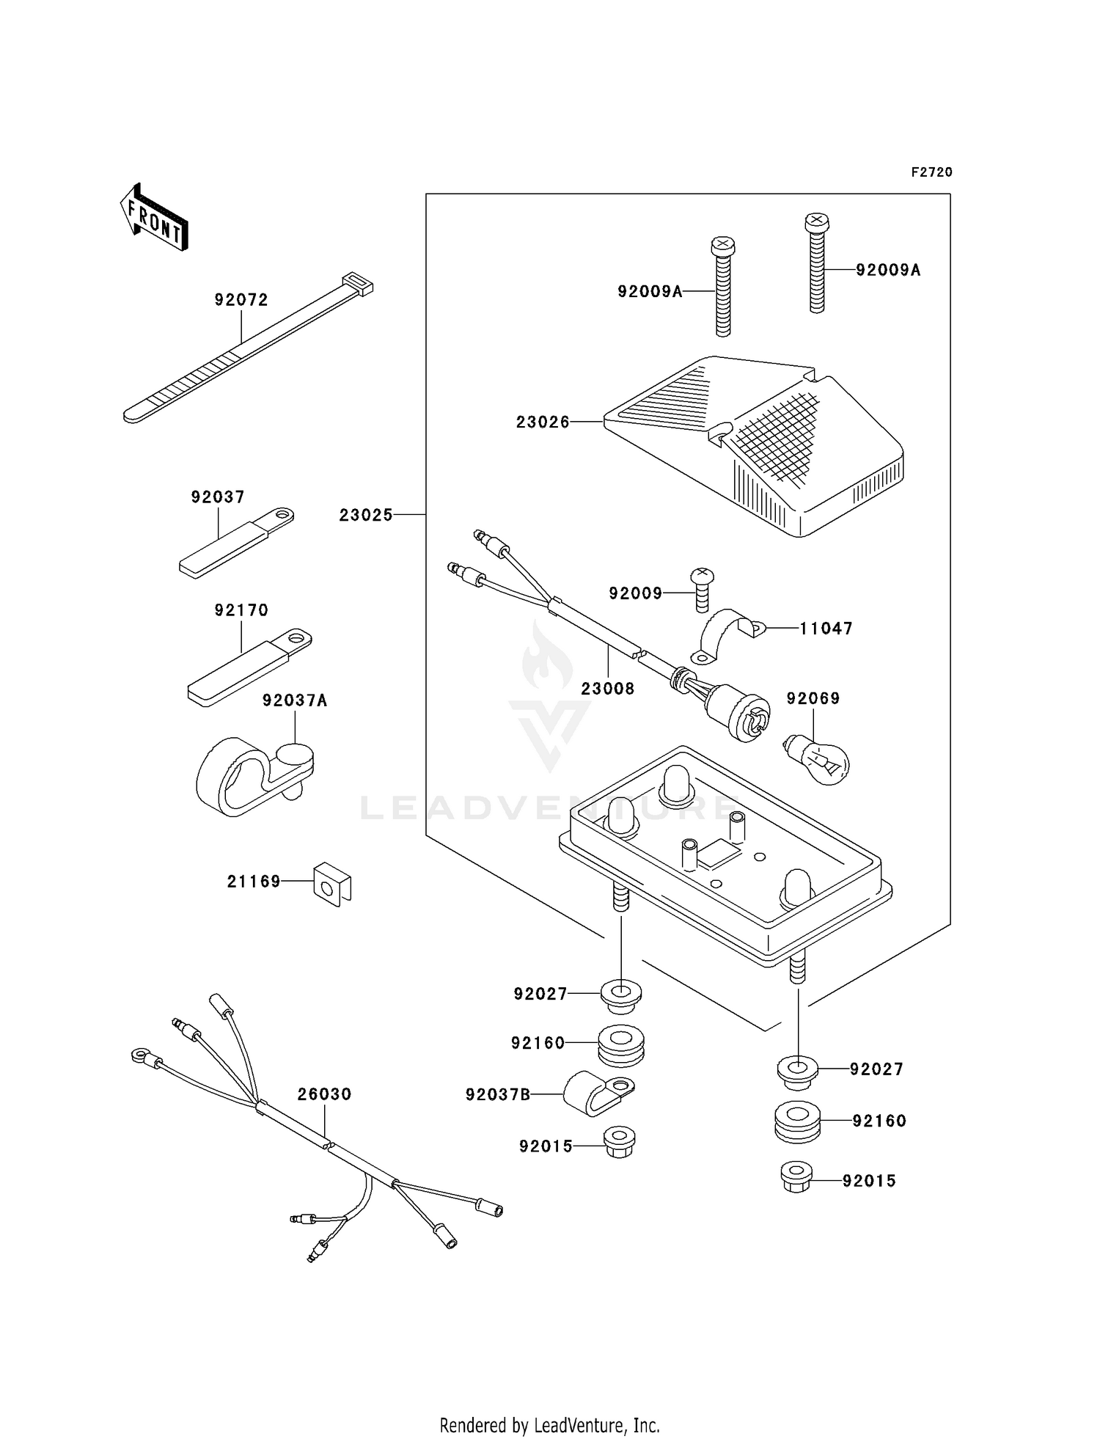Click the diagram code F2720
click(x=931, y=172)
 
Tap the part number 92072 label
click(x=241, y=300)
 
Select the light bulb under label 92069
click(x=819, y=761)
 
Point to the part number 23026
click(x=543, y=422)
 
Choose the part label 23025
click(x=366, y=516)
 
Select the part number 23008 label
click(x=608, y=689)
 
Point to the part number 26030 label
click(x=325, y=1094)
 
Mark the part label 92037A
click(x=295, y=701)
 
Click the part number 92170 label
click(x=241, y=610)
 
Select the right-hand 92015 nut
click(x=796, y=1177)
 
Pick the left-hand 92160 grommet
click(x=621, y=1045)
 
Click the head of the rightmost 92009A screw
click(x=816, y=220)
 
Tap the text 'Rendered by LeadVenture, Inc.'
click(x=549, y=1425)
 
